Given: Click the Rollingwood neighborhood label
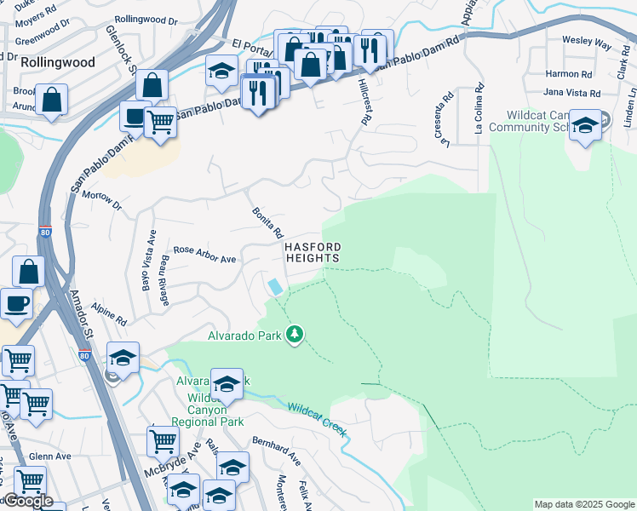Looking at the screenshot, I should pos(46,62).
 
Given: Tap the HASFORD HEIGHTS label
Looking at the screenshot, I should pos(312,252).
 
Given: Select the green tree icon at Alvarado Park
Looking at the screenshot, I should pos(295,334).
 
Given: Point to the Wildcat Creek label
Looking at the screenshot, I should pos(318,420).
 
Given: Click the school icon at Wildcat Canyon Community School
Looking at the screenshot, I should pos(585,124).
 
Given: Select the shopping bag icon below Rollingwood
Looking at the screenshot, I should pos(52,99).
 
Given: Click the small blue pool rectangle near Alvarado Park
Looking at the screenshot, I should pos(276,287).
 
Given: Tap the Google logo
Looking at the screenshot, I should pos(28,501).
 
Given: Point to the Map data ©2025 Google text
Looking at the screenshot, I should pos(583,504).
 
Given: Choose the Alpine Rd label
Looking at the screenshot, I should pos(109,316).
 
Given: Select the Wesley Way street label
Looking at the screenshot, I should pos(586,41).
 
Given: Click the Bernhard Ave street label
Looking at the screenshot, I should pos(276,451).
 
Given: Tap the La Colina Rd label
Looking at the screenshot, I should pos(479,111).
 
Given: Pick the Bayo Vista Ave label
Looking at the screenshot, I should pos(148,261).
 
